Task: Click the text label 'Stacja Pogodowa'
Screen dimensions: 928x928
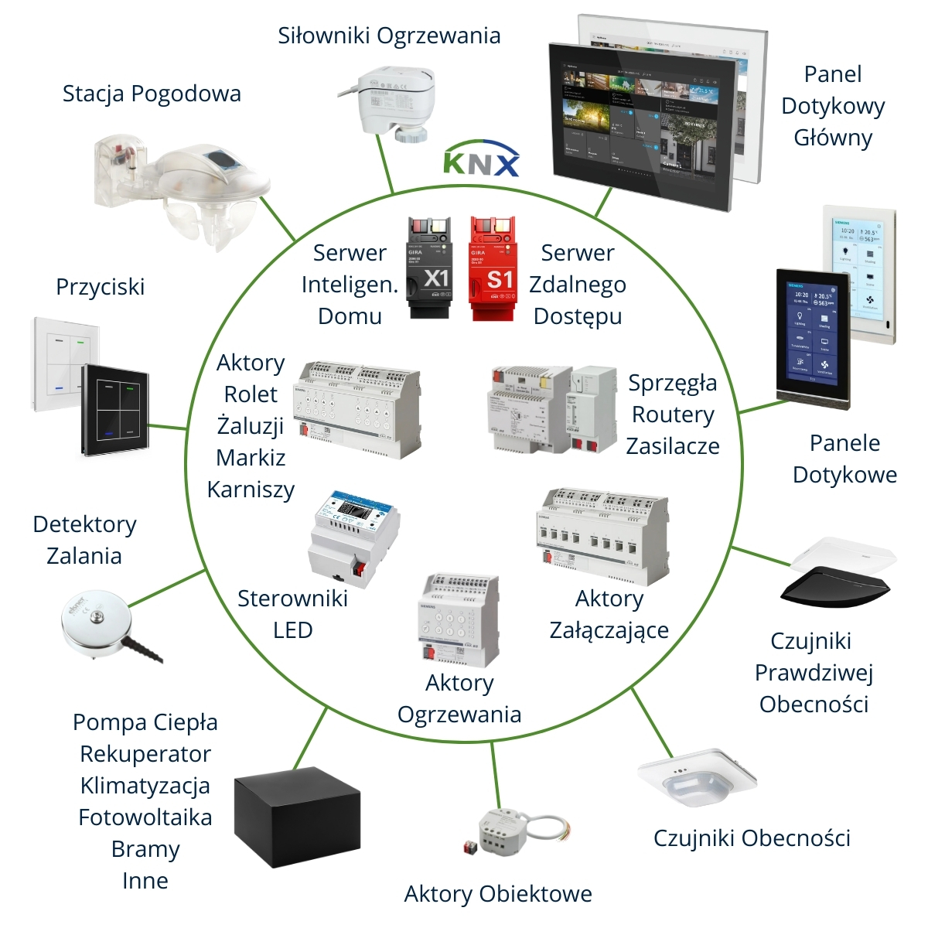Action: click(x=152, y=94)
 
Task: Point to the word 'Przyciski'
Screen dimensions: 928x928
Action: click(x=101, y=287)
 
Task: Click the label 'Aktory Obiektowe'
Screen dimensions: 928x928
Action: click(x=498, y=894)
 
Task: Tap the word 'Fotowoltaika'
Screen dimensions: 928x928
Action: click(x=145, y=817)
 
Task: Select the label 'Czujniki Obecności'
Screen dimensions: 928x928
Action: click(x=752, y=838)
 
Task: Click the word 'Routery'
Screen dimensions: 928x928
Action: click(x=673, y=415)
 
